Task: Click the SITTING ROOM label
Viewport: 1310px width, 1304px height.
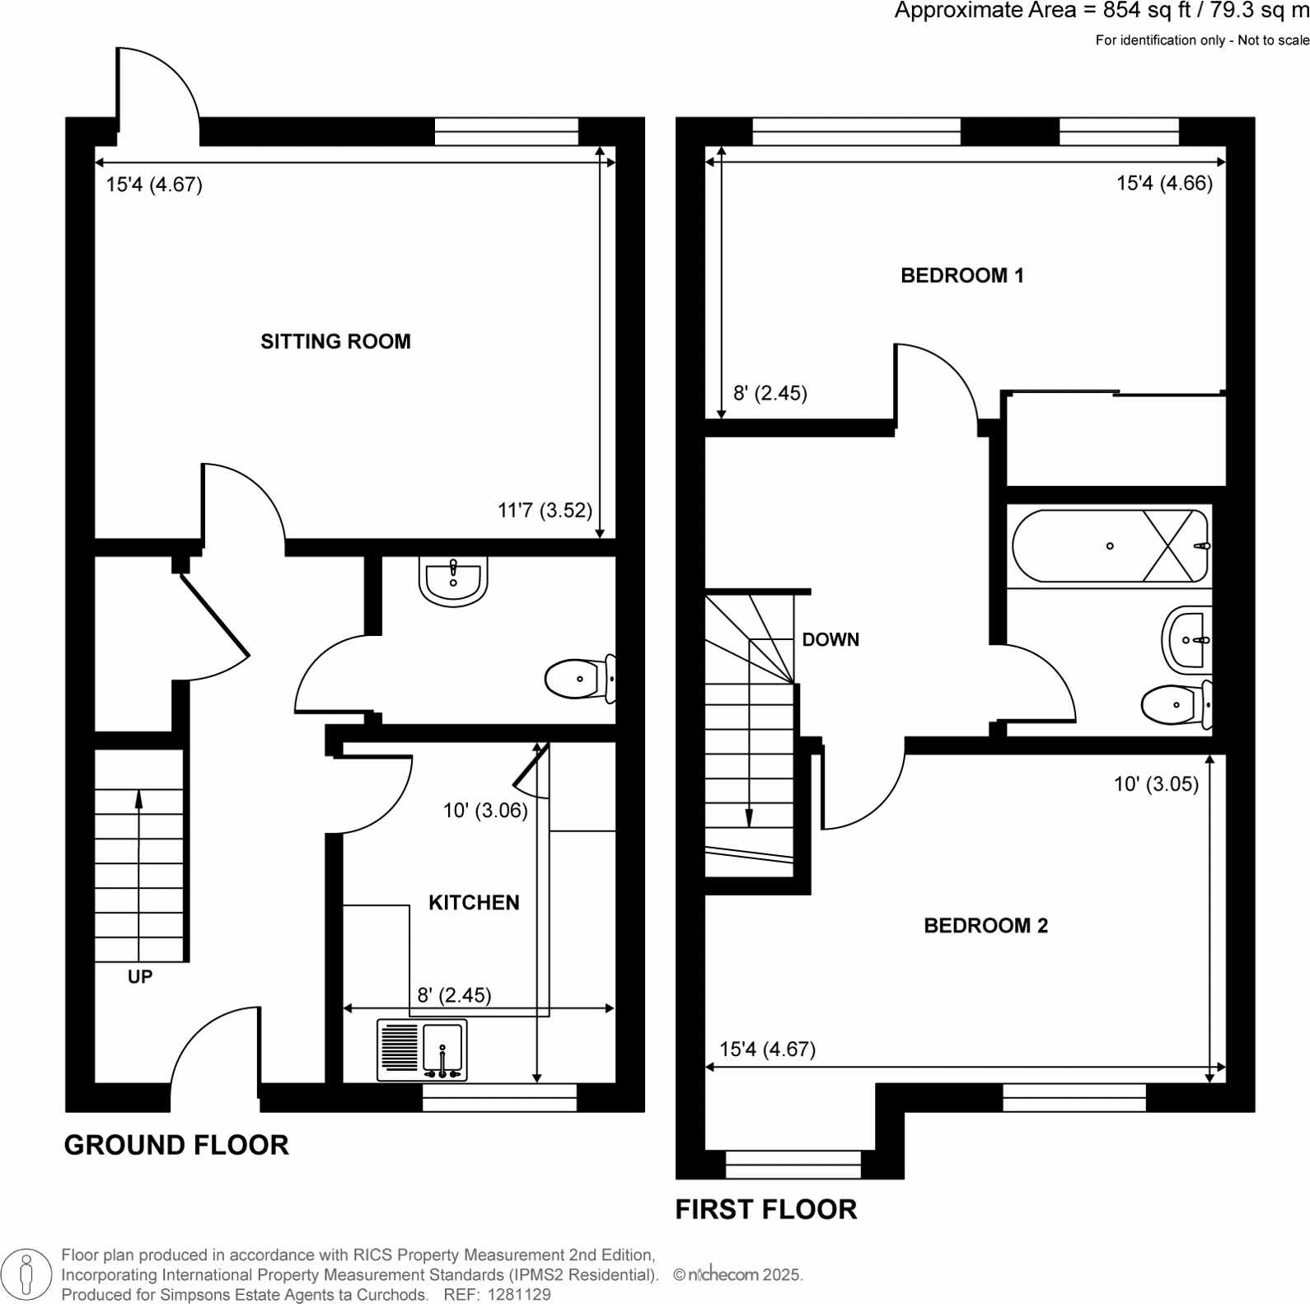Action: point(335,342)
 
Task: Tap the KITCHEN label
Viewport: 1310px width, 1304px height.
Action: point(474,903)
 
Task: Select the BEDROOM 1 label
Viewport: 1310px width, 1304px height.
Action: point(961,276)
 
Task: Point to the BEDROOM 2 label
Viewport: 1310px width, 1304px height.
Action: point(985,926)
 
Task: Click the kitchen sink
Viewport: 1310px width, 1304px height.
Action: point(422,1050)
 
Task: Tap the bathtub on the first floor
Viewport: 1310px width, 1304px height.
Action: point(1109,546)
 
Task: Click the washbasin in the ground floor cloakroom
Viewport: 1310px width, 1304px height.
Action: point(453,580)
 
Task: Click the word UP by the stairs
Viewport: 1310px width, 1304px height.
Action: point(140,977)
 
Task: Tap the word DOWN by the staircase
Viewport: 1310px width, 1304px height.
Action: point(830,640)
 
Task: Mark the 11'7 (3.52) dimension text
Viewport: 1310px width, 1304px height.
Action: point(545,511)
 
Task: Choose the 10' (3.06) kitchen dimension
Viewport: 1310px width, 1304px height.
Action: point(485,811)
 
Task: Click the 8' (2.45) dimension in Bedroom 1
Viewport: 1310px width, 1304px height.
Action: point(770,394)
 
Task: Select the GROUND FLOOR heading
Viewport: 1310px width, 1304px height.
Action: point(176,1145)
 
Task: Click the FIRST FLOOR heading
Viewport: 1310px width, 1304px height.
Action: point(766,1209)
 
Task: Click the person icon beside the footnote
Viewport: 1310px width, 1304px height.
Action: point(26,1274)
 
